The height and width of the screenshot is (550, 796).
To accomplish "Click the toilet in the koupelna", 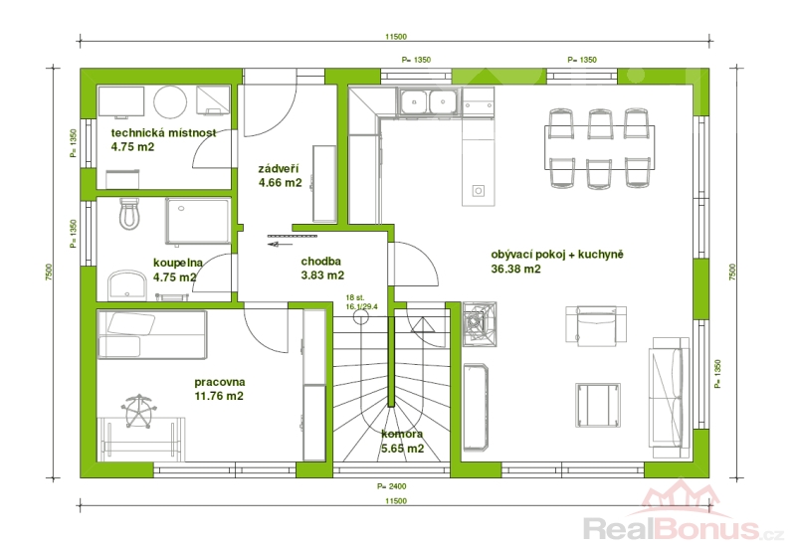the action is [x=129, y=214].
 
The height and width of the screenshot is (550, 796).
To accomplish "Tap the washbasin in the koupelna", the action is [x=127, y=285].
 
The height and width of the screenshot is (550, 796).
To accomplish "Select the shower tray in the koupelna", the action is [x=197, y=221].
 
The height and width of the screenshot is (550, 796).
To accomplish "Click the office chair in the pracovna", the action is [x=138, y=410].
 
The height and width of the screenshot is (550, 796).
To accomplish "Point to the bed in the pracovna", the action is [x=152, y=334].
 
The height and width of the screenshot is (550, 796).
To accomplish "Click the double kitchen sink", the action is [x=430, y=101].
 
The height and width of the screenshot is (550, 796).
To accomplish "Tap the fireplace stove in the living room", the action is [x=479, y=323].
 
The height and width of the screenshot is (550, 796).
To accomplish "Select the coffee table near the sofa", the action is [x=598, y=406].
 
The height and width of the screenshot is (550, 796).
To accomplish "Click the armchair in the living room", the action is [x=596, y=325].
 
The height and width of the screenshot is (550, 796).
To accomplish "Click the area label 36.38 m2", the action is [x=515, y=269].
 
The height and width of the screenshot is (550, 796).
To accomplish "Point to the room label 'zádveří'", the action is [x=279, y=169].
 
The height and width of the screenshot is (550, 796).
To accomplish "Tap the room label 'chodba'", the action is [x=320, y=262].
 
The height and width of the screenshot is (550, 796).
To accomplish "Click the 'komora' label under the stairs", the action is [x=402, y=435].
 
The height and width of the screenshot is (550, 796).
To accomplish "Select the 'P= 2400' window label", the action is [x=391, y=486].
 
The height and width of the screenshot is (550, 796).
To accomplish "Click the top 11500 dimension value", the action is [x=396, y=37].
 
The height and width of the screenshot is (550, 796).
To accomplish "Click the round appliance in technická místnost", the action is [x=171, y=102].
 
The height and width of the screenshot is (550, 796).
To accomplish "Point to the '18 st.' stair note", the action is [x=355, y=297].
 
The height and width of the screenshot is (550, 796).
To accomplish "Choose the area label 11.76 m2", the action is [x=219, y=396].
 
